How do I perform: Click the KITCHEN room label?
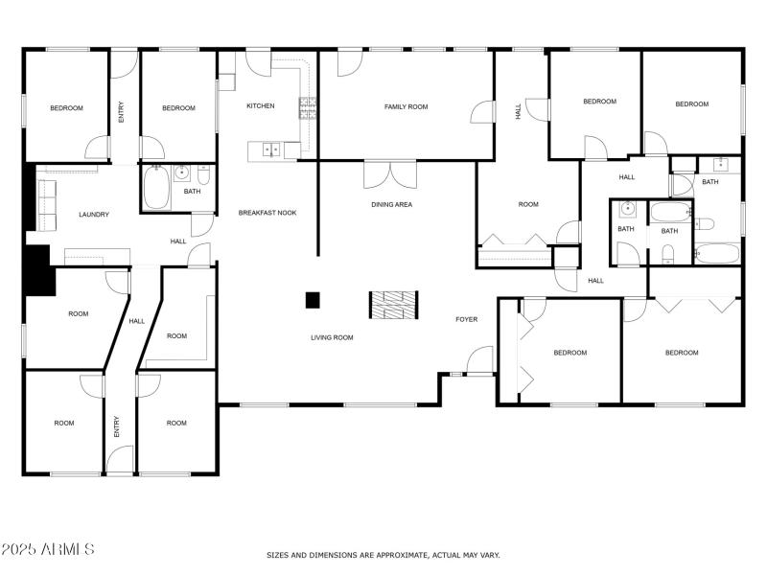pos(261,106)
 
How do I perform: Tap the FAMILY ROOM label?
pos(406,106)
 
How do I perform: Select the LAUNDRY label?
pos(94,215)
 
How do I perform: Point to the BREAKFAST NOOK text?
pos(267,212)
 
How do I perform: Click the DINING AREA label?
pos(391,204)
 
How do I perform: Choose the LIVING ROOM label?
pos(331,337)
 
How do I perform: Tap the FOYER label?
pos(466,319)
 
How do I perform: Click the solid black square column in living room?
pos(313,300)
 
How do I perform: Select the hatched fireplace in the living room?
pos(393,305)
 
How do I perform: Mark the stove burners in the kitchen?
pos(308,107)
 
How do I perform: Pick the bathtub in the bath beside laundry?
pos(156,186)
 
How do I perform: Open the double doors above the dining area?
pos(390,174)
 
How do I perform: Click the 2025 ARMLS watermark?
pos(48,549)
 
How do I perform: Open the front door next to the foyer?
pos(478,362)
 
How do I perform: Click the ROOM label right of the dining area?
pos(528,204)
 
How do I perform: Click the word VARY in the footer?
pos(489,555)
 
